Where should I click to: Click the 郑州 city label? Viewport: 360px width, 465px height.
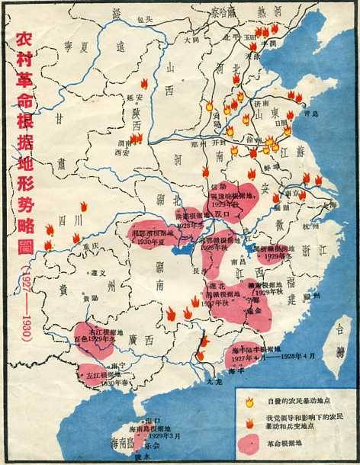tap(196, 142)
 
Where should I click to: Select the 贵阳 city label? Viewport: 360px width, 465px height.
tap(91, 298)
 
